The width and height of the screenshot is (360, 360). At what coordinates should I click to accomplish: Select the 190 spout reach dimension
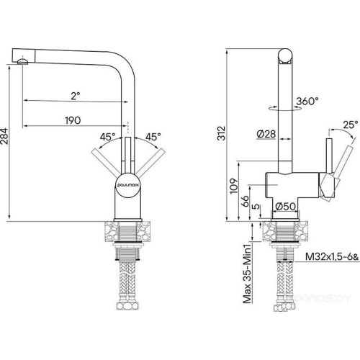(71, 120)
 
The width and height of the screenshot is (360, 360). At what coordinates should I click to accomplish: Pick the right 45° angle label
(153, 136)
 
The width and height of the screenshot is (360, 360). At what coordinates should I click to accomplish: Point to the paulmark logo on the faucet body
(127, 184)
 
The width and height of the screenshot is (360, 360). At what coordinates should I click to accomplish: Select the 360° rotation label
(307, 102)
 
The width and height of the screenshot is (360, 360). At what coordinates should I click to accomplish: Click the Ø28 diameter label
(264, 133)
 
